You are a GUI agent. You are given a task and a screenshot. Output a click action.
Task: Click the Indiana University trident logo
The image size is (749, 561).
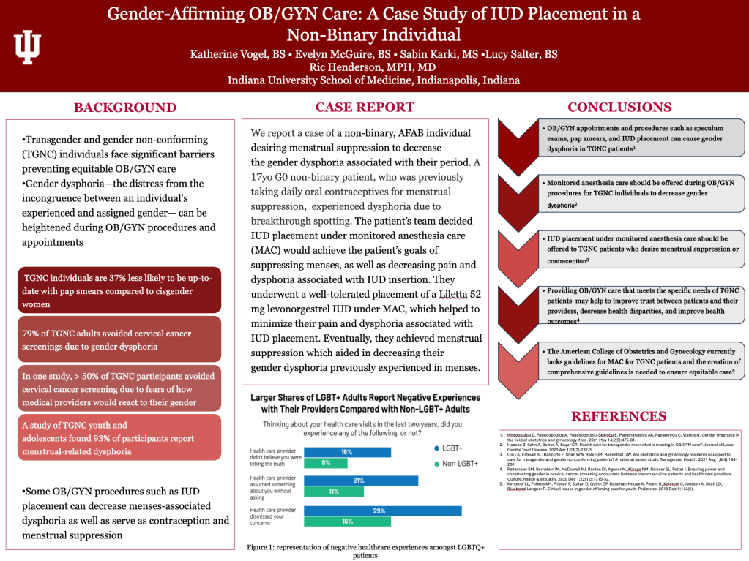pyautogui.click(x=28, y=48)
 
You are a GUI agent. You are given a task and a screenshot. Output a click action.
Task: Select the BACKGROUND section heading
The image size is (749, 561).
pyautogui.click(x=125, y=108)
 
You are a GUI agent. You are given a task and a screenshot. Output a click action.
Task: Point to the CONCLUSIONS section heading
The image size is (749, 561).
pyautogui.click(x=619, y=107)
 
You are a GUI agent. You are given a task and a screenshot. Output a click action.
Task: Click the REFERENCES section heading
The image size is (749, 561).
pyautogui.click(x=619, y=416)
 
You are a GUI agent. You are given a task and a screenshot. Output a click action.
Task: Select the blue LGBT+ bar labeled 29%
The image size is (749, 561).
pyautogui.click(x=383, y=510)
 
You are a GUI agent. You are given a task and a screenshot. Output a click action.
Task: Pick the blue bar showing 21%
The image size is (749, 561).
pyautogui.click(x=361, y=481)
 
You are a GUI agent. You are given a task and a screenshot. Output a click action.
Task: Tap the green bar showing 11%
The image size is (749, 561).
pyautogui.click(x=333, y=492)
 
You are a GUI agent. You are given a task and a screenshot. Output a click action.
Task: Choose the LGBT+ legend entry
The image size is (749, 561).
pyautogui.click(x=452, y=447)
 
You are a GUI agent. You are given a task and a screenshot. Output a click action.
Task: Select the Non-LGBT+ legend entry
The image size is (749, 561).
pyautogui.click(x=456, y=464)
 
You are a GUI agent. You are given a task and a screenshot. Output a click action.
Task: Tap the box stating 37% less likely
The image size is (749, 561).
pyautogui.click(x=119, y=287)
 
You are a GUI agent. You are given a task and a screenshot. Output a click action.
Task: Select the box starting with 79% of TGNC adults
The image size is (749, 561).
pyautogui.click(x=119, y=339)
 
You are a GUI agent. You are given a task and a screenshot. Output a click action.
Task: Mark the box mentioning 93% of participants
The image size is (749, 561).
pyautogui.click(x=119, y=437)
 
